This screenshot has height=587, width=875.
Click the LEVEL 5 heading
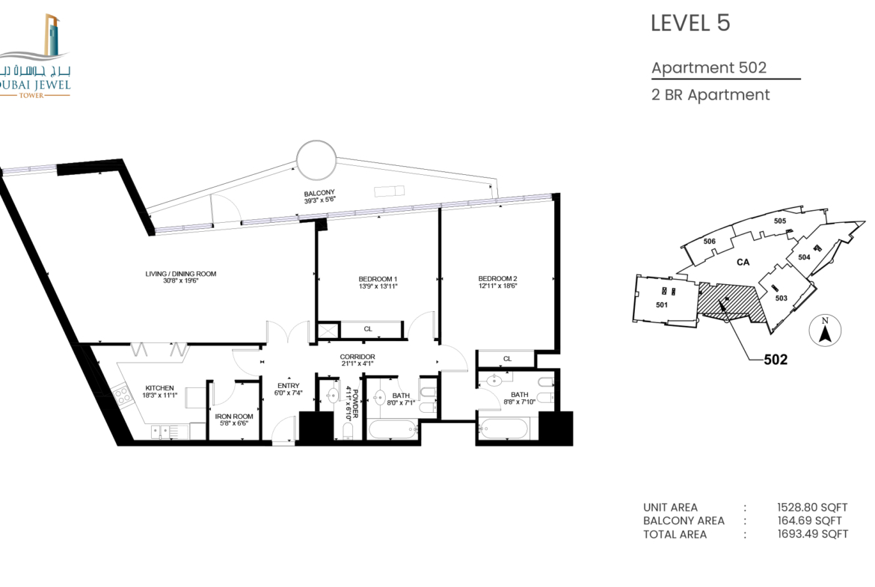click(x=690, y=23)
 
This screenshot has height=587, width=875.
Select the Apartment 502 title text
click(x=709, y=67)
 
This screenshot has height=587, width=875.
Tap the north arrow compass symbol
click(x=825, y=331)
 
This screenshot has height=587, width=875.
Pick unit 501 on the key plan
click(x=662, y=304)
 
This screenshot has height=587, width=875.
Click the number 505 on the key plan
click(x=779, y=221)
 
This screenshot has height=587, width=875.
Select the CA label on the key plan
click(x=743, y=262)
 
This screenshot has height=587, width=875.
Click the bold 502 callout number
click(x=776, y=360)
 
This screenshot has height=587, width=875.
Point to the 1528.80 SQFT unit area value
click(x=812, y=507)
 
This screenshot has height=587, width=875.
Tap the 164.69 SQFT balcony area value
click(x=810, y=520)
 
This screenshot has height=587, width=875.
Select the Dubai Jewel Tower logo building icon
click(x=52, y=35)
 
